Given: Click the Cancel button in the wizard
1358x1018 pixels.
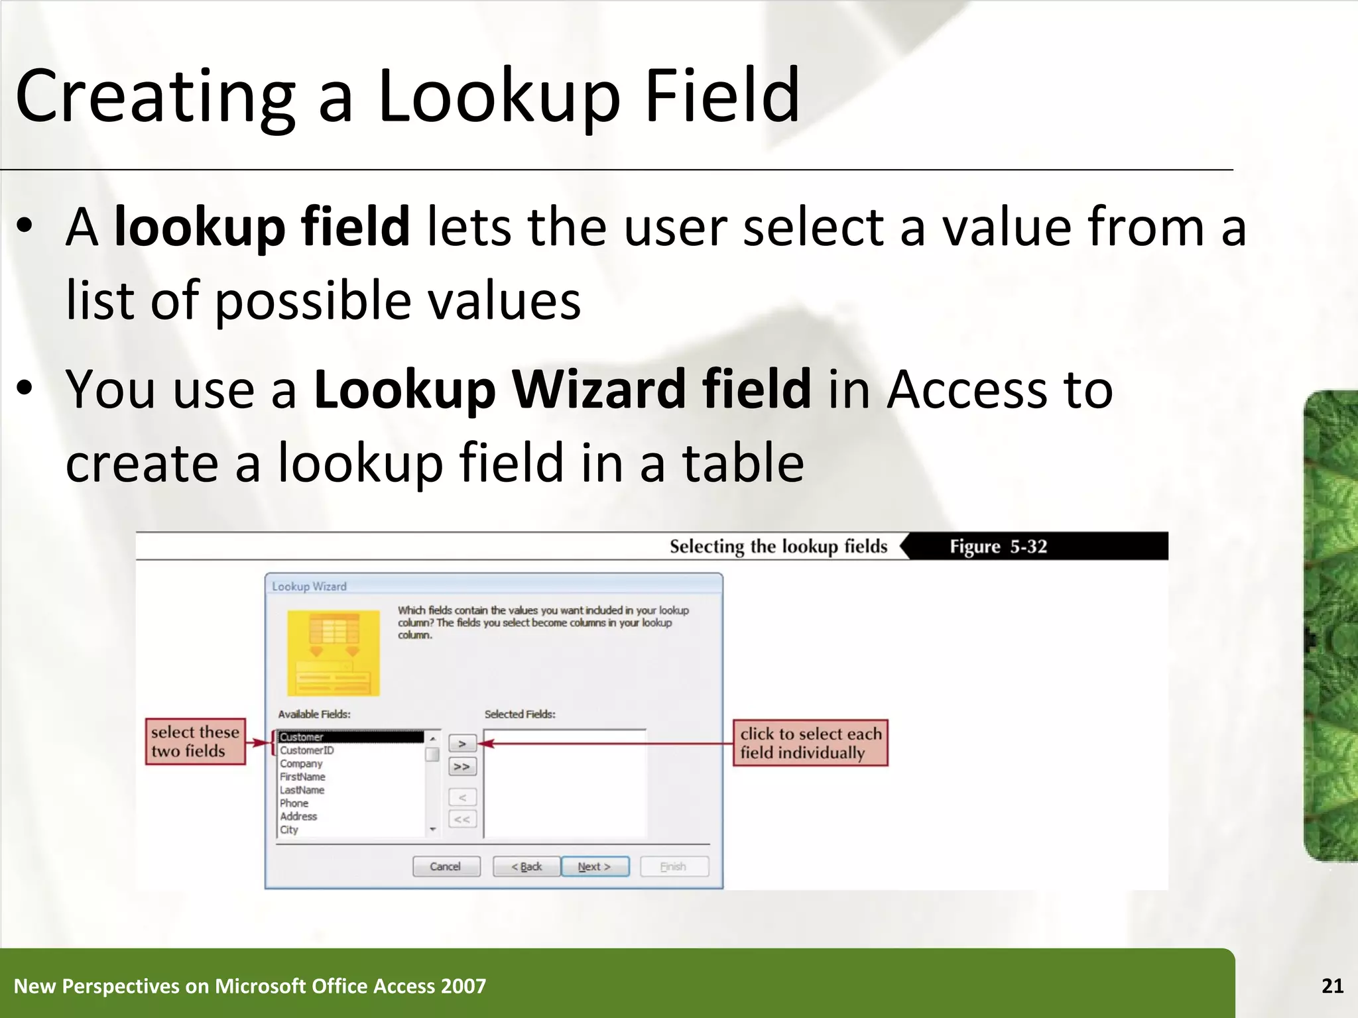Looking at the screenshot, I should click(x=446, y=866).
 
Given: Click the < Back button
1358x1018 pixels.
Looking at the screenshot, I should click(x=526, y=866).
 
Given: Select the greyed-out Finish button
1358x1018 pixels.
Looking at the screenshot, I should click(x=674, y=866).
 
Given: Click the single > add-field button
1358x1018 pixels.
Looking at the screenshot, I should click(x=462, y=744).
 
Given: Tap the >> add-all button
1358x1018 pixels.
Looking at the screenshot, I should click(x=462, y=767).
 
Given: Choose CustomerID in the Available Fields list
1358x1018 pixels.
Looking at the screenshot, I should click(x=307, y=750).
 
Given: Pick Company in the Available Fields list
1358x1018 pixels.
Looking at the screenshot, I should click(x=301, y=763).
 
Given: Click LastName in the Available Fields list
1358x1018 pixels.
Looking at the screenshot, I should click(x=302, y=790).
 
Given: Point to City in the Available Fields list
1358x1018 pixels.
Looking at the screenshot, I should click(x=289, y=830).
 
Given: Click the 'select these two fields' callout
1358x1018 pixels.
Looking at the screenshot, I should click(x=195, y=742).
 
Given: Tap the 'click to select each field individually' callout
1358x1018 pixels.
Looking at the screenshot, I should click(x=810, y=743).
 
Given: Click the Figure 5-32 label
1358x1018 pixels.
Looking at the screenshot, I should click(x=998, y=546).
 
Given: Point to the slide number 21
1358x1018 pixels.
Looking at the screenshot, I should click(x=1332, y=986).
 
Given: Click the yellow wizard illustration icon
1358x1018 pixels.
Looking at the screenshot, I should click(x=334, y=652).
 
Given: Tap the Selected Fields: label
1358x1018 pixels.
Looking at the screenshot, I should click(x=520, y=714).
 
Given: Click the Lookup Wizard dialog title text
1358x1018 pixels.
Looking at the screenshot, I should click(x=309, y=587).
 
